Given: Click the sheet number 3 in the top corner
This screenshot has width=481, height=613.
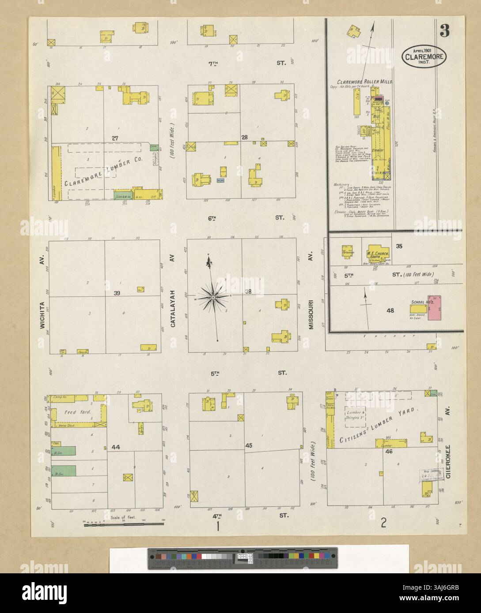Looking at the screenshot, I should (444, 31).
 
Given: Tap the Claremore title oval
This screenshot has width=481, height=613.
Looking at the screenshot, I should (424, 56).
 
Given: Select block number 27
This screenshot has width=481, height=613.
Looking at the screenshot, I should (115, 138).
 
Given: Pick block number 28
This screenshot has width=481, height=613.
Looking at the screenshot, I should (244, 137).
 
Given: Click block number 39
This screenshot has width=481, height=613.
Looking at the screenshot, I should (117, 293).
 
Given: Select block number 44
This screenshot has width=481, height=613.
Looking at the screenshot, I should (116, 447).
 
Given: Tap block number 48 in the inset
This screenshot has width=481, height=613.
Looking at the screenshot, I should (390, 310).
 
